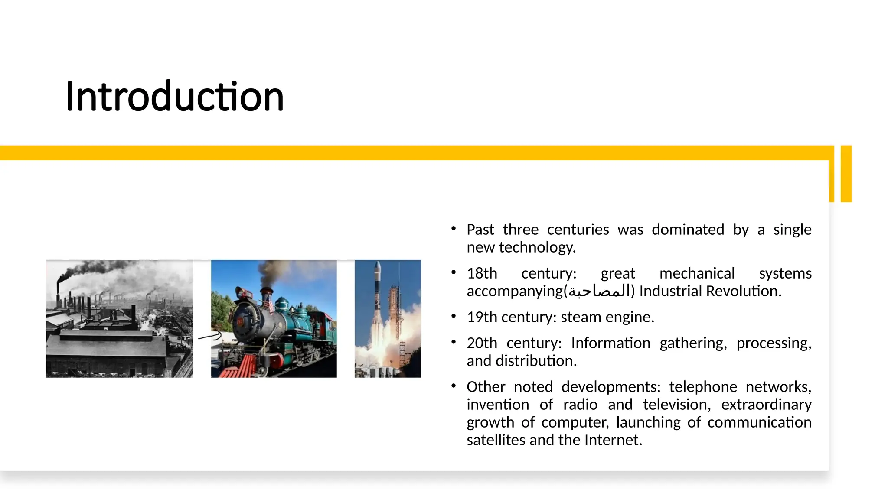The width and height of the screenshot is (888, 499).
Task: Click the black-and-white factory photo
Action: (x=119, y=318)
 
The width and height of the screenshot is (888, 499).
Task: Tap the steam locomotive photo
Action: (x=274, y=318)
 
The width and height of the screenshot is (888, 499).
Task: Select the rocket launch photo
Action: (x=388, y=318)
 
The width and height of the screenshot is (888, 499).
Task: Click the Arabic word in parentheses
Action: (x=598, y=291)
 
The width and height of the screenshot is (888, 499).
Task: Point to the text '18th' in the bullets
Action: (x=482, y=273)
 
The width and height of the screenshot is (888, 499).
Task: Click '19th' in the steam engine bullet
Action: (x=482, y=317)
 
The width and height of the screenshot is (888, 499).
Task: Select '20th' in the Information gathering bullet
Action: (x=482, y=343)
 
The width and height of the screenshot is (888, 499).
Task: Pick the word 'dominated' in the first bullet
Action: (x=688, y=230)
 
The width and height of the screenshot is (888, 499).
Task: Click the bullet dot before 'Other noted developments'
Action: (x=453, y=386)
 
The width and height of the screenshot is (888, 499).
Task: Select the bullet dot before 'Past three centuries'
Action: (x=453, y=228)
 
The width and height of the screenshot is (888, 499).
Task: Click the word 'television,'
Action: (x=677, y=405)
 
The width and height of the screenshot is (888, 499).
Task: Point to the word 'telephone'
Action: (x=703, y=387)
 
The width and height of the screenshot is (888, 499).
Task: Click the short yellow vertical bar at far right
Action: (x=846, y=174)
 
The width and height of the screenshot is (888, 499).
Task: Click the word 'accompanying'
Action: (x=514, y=292)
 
